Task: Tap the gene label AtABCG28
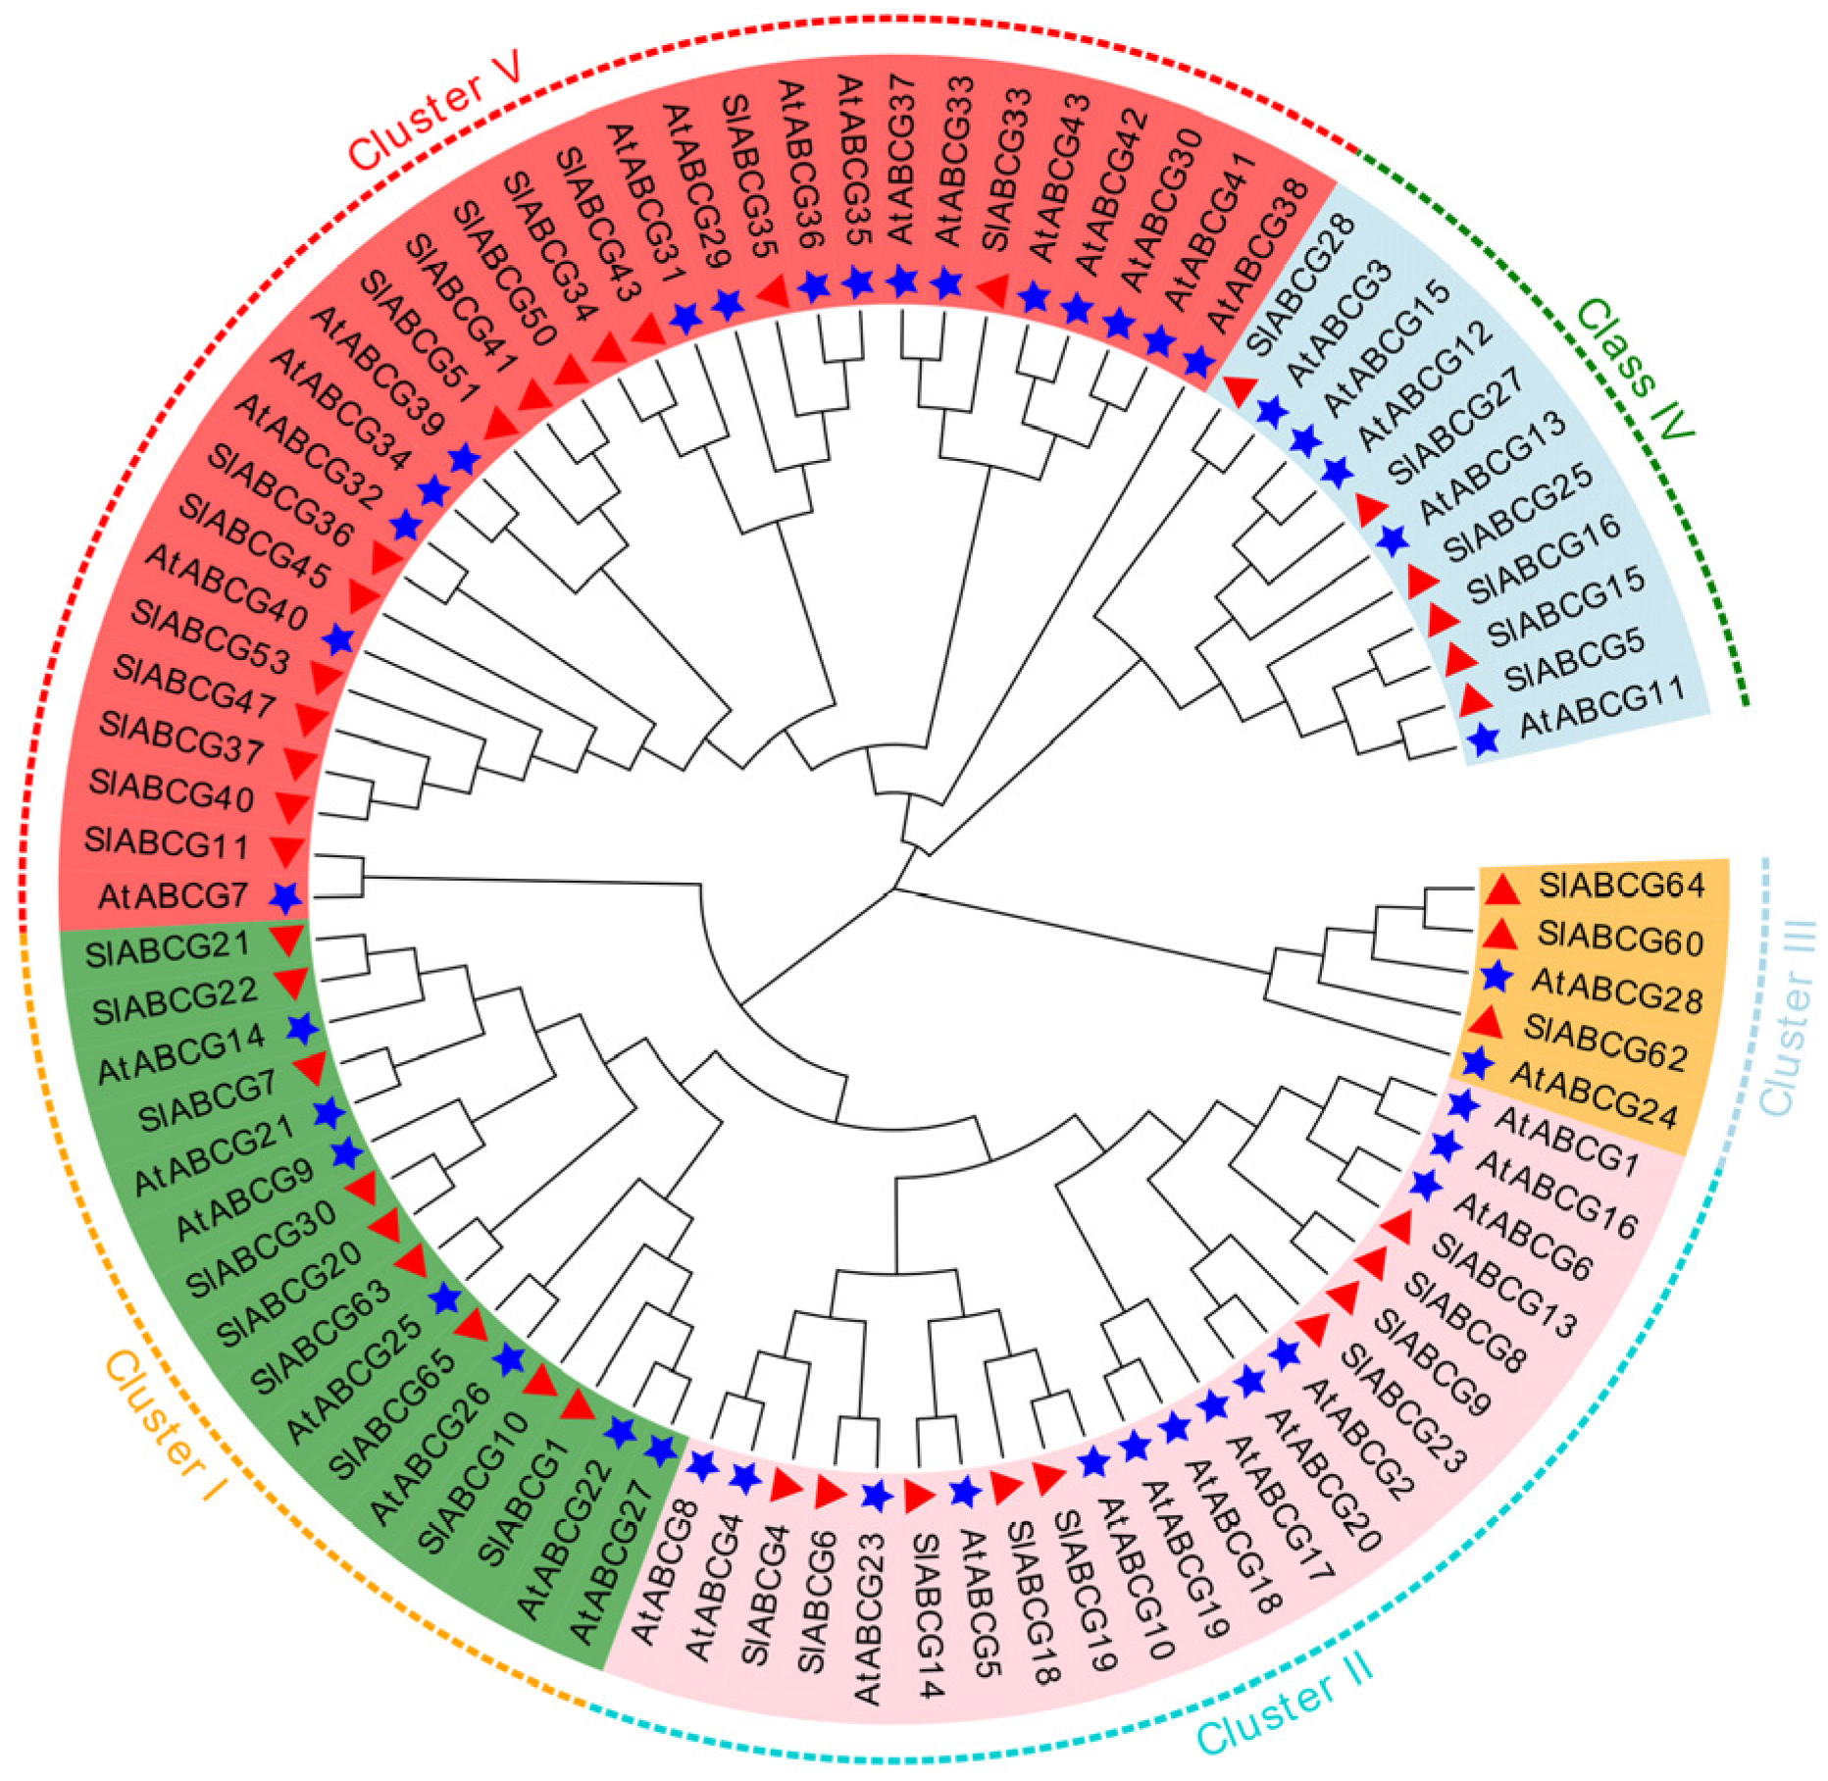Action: click(1617, 989)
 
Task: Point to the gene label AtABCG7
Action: click(173, 895)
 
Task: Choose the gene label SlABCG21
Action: click(168, 950)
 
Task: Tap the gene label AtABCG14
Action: click(181, 1054)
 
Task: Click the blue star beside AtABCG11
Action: click(1485, 739)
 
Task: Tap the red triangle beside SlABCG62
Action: click(1488, 1023)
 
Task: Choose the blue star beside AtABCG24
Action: click(1476, 1063)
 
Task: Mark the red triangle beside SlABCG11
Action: click(286, 849)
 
